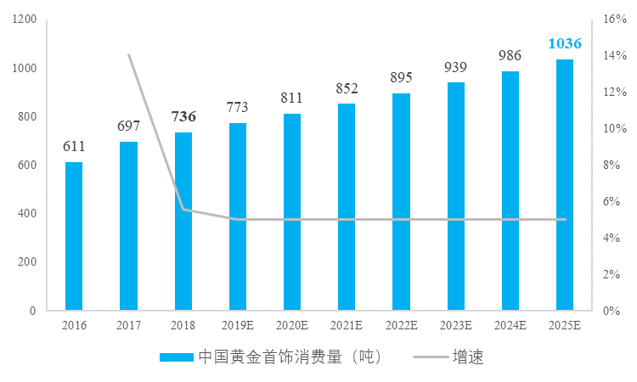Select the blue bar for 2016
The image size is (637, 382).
[x=74, y=236]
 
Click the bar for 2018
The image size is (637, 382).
[x=183, y=221]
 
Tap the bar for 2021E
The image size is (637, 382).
[x=347, y=206]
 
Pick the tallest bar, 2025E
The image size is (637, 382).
[x=565, y=184]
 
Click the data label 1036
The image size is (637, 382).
[x=565, y=43]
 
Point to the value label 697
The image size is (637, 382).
[x=129, y=126]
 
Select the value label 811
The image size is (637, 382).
[x=292, y=98]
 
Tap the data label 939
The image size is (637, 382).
[x=456, y=67]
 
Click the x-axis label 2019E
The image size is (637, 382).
[x=238, y=324]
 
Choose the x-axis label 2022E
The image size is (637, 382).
[x=402, y=324]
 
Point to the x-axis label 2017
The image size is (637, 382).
[x=129, y=324]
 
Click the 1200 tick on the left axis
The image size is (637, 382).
[x=24, y=20]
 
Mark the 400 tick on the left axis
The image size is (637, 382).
[x=27, y=213]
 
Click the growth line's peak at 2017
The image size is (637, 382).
[x=129, y=55]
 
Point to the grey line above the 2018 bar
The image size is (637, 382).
[x=183, y=209]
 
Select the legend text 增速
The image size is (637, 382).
[x=468, y=357]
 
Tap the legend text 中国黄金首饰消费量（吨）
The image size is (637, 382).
[x=289, y=357]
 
